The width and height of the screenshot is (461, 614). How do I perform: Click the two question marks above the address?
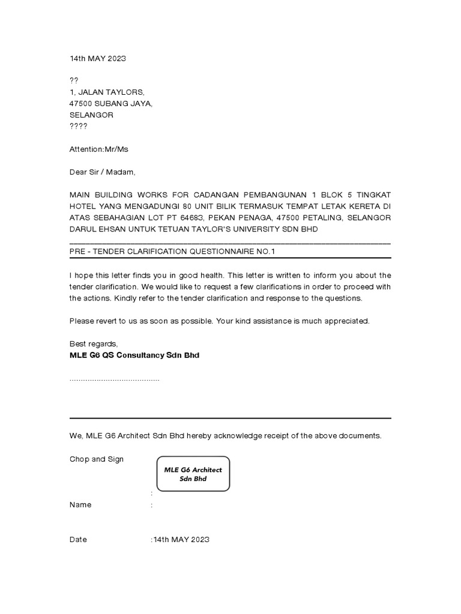click(74, 80)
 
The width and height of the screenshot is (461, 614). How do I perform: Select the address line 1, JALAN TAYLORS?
click(107, 92)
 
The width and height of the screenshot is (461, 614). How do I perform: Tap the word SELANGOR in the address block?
click(91, 115)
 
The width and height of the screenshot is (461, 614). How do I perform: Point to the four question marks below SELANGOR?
click(78, 126)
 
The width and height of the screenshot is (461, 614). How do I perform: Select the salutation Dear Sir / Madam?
click(103, 172)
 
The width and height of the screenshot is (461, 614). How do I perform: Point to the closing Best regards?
click(94, 344)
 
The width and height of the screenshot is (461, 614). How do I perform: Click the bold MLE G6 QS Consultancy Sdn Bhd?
click(134, 355)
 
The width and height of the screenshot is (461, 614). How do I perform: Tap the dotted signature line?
click(114, 380)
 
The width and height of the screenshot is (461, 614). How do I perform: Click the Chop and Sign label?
click(97, 459)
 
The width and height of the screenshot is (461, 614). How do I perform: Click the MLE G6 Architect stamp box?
click(193, 474)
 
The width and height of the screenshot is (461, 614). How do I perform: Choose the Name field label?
click(80, 505)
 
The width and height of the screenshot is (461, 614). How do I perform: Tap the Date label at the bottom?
click(78, 540)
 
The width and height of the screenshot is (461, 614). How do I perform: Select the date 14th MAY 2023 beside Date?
click(181, 540)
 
